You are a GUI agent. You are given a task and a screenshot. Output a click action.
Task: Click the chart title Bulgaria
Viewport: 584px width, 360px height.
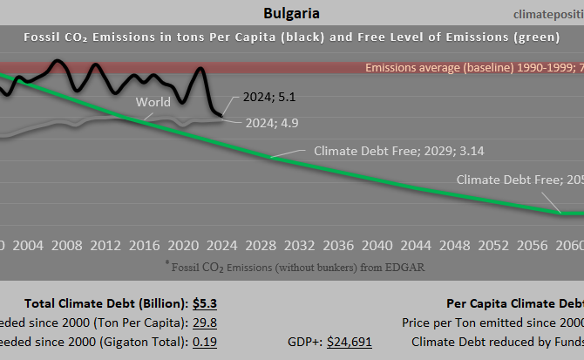pyautogui.click(x=290, y=14)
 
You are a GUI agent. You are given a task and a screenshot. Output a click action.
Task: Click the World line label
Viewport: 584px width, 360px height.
pyautogui.click(x=153, y=102)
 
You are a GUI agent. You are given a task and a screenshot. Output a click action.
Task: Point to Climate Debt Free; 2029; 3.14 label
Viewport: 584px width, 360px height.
pyautogui.click(x=398, y=151)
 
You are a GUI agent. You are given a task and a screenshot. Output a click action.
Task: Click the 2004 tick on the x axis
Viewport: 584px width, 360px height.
pyautogui.click(x=29, y=245)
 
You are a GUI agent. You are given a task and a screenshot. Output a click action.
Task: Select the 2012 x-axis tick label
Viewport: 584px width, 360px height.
pyautogui.click(x=105, y=245)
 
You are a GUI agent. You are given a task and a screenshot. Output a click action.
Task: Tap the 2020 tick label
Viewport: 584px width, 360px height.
pyautogui.click(x=182, y=245)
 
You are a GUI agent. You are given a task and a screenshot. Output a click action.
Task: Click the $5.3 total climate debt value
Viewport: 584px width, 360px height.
pyautogui.click(x=205, y=304)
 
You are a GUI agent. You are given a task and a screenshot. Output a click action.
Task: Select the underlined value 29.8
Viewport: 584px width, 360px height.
pyautogui.click(x=205, y=323)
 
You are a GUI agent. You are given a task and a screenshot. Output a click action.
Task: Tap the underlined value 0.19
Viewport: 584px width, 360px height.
pyautogui.click(x=205, y=342)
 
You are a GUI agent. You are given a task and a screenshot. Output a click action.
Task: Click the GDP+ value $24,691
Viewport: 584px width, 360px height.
pyautogui.click(x=349, y=342)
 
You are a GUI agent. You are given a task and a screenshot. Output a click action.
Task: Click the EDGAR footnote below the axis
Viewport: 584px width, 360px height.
pyautogui.click(x=294, y=267)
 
